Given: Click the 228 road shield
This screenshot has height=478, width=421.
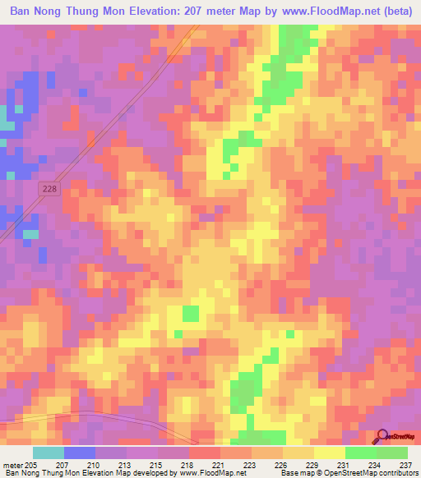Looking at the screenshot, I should (49, 189).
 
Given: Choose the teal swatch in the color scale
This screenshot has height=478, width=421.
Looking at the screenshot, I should (48, 453).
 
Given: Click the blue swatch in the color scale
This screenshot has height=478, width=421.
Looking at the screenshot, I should (80, 453).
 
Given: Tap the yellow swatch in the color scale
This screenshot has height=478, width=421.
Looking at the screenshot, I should (329, 453).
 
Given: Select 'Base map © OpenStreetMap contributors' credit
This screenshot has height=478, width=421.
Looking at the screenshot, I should (348, 473).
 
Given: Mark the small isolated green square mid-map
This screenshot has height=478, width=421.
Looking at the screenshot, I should (191, 313).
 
